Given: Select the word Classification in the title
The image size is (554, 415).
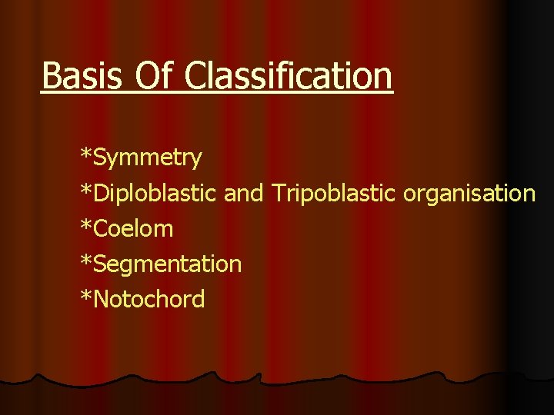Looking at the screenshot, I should [289, 76].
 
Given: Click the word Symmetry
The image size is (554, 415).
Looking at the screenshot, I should [147, 158].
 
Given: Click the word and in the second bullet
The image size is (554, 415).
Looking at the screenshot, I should [243, 194].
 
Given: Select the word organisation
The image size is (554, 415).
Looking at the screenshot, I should [469, 194].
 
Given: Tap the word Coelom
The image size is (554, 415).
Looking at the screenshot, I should [132, 229].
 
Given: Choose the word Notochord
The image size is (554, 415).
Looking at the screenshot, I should [149, 300].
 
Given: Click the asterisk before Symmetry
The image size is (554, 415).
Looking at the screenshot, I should [86, 154].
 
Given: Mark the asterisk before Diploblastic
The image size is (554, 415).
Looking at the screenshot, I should [86, 190].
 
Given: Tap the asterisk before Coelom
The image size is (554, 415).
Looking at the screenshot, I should [86, 225].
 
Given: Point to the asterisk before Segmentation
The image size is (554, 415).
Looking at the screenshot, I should [86, 261].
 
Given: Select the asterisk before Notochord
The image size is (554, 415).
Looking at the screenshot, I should [86, 296].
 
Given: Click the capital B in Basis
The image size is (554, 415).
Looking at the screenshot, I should [51, 76].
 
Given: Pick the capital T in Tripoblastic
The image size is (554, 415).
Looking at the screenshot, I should [278, 194].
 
